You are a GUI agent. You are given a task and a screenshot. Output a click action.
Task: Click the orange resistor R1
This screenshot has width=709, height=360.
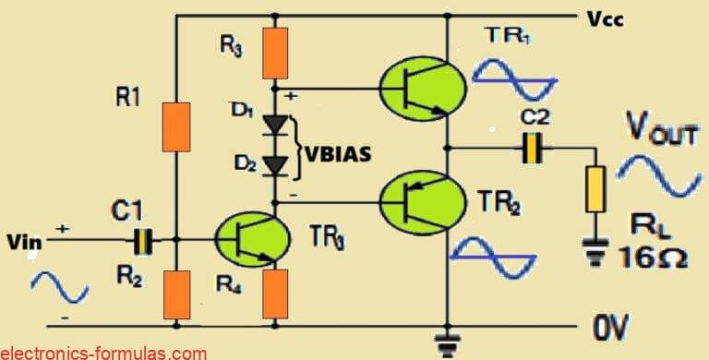175,127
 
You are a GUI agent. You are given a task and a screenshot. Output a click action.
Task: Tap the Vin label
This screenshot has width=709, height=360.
20,242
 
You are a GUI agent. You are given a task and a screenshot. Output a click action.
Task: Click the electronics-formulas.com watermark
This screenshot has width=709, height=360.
103,352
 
